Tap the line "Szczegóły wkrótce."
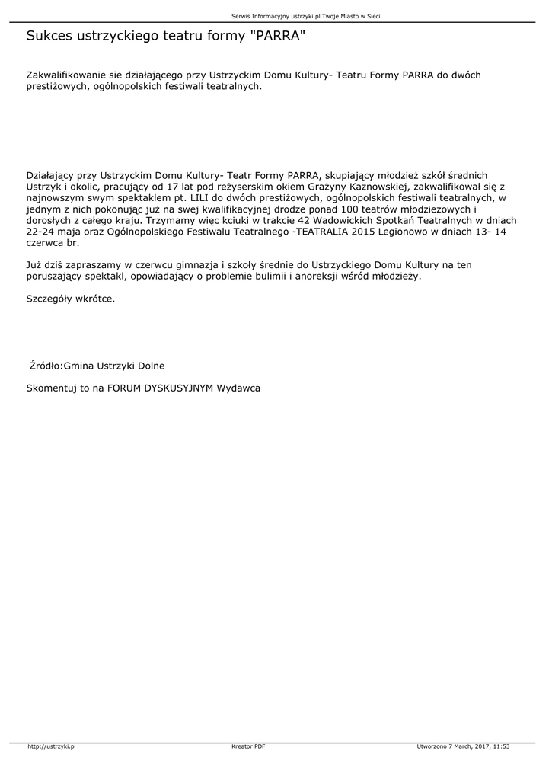click(71, 299)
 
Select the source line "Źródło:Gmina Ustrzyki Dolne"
click(97, 366)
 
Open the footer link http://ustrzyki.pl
click(52, 746)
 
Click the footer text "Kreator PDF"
click(248, 746)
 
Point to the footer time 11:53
click(501, 746)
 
